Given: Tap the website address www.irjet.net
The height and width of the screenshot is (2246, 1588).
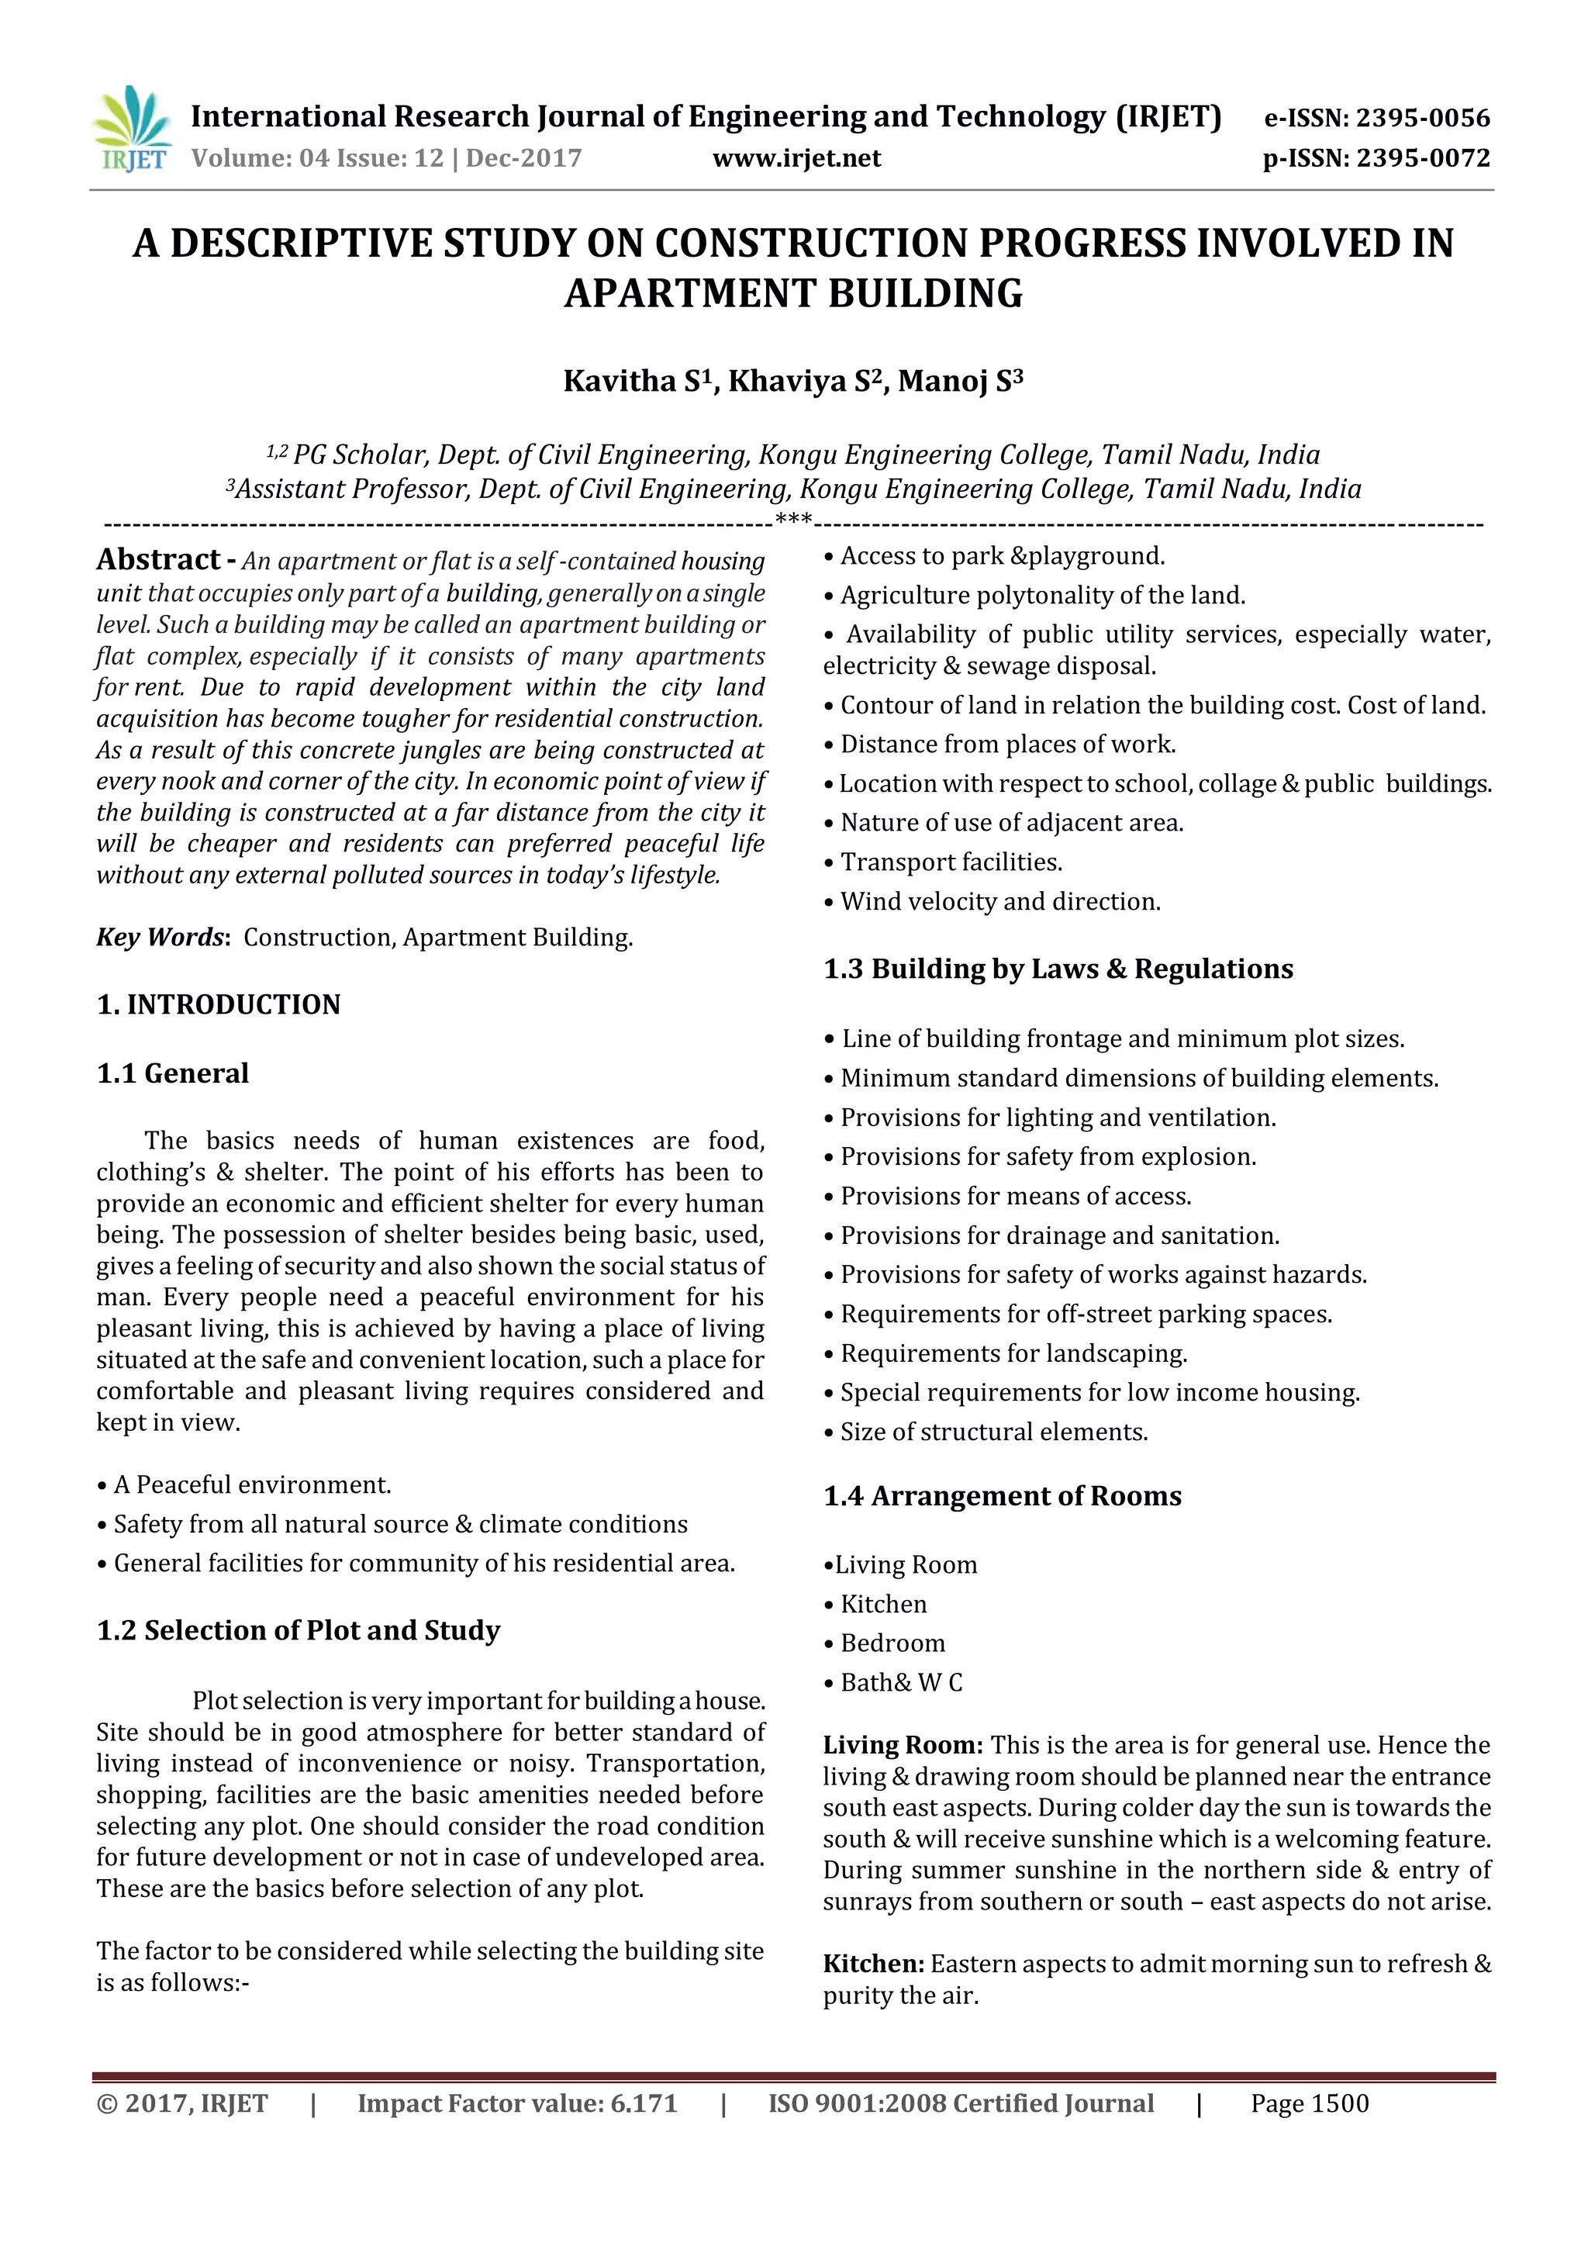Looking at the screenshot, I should click(796, 158).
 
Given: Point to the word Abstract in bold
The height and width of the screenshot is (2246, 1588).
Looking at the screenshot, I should click(158, 559).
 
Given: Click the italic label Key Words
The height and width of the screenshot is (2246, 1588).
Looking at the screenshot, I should click(161, 937).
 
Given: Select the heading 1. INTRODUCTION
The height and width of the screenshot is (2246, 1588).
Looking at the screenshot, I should click(218, 1004).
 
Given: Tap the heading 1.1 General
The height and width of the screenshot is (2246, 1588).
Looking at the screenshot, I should click(173, 1073).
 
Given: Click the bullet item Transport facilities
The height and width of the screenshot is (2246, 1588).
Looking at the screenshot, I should click(951, 862).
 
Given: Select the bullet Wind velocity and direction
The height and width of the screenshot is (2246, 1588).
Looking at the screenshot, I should click(999, 901).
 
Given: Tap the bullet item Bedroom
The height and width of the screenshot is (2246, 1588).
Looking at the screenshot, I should click(892, 1643).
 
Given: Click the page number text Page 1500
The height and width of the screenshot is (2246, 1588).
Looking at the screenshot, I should click(1310, 2103).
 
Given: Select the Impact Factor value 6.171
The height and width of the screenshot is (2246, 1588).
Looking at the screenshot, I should click(644, 2103).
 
